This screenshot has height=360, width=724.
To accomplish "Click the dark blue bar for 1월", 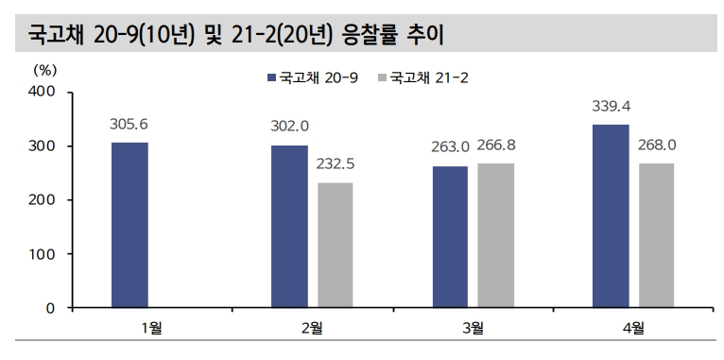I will click(x=129, y=225).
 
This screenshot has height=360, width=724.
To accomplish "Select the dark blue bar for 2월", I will click(x=289, y=227).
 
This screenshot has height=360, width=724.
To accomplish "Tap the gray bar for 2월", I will click(x=335, y=245).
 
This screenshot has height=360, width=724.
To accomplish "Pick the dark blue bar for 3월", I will click(x=450, y=237).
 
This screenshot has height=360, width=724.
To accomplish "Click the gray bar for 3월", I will click(x=495, y=235).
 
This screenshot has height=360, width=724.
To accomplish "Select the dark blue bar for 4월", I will click(x=611, y=216).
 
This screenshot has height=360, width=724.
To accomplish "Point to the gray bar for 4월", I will click(x=656, y=235).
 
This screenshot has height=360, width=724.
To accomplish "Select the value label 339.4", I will click(x=612, y=105).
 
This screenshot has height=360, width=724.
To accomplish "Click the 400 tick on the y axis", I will click(x=44, y=92).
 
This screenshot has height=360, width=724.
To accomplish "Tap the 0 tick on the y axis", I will click(x=53, y=308).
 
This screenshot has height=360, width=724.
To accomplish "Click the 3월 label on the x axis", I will click(x=473, y=329).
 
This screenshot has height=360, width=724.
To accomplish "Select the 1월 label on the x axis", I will click(x=152, y=329).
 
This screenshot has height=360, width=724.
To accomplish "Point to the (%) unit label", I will click(x=45, y=69).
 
